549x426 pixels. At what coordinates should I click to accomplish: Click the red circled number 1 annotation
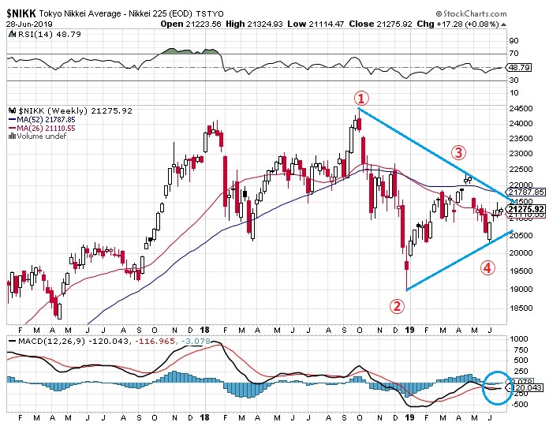pos(360,98)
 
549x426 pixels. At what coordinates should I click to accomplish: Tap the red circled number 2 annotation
pos(398,305)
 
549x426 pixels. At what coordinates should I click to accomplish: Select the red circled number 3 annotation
pos(458,151)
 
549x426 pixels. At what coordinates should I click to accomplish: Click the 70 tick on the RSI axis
pos(514,54)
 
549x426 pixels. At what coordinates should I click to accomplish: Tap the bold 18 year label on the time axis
pos(205,328)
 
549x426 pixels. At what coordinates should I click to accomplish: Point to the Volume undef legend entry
pos(39,136)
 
